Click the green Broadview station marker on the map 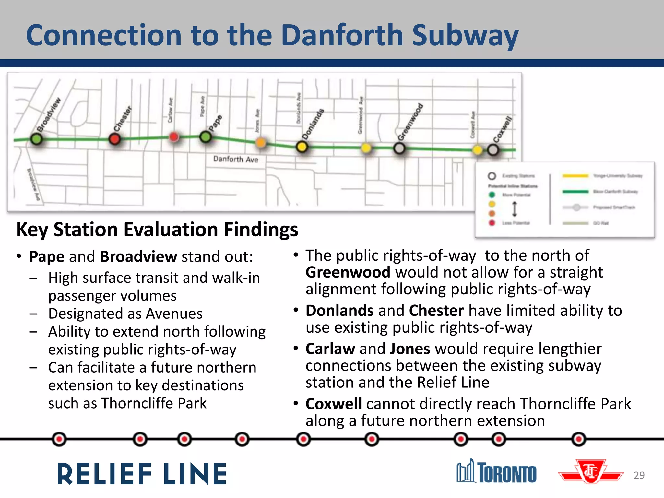pyautogui.click(x=36, y=139)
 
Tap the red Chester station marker pyautogui.click(x=114, y=139)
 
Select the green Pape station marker pyautogui.click(x=206, y=137)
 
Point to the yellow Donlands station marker pyautogui.click(x=302, y=147)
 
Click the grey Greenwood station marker pyautogui.click(x=399, y=148)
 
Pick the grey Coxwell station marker pyautogui.click(x=493, y=150)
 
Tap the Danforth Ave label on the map pyautogui.click(x=236, y=159)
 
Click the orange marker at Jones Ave pyautogui.click(x=261, y=142)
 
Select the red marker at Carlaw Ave pyautogui.click(x=174, y=137)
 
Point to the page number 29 pyautogui.click(x=639, y=475)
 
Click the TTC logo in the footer pyautogui.click(x=591, y=471)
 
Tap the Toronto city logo pyautogui.click(x=496, y=472)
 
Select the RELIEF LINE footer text pyautogui.click(x=142, y=474)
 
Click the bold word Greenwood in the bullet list pyautogui.click(x=348, y=272)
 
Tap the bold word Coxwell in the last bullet pyautogui.click(x=334, y=404)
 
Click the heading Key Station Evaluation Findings pyautogui.click(x=157, y=230)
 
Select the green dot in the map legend pyautogui.click(x=492, y=195)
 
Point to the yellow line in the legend pyautogui.click(x=575, y=176)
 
